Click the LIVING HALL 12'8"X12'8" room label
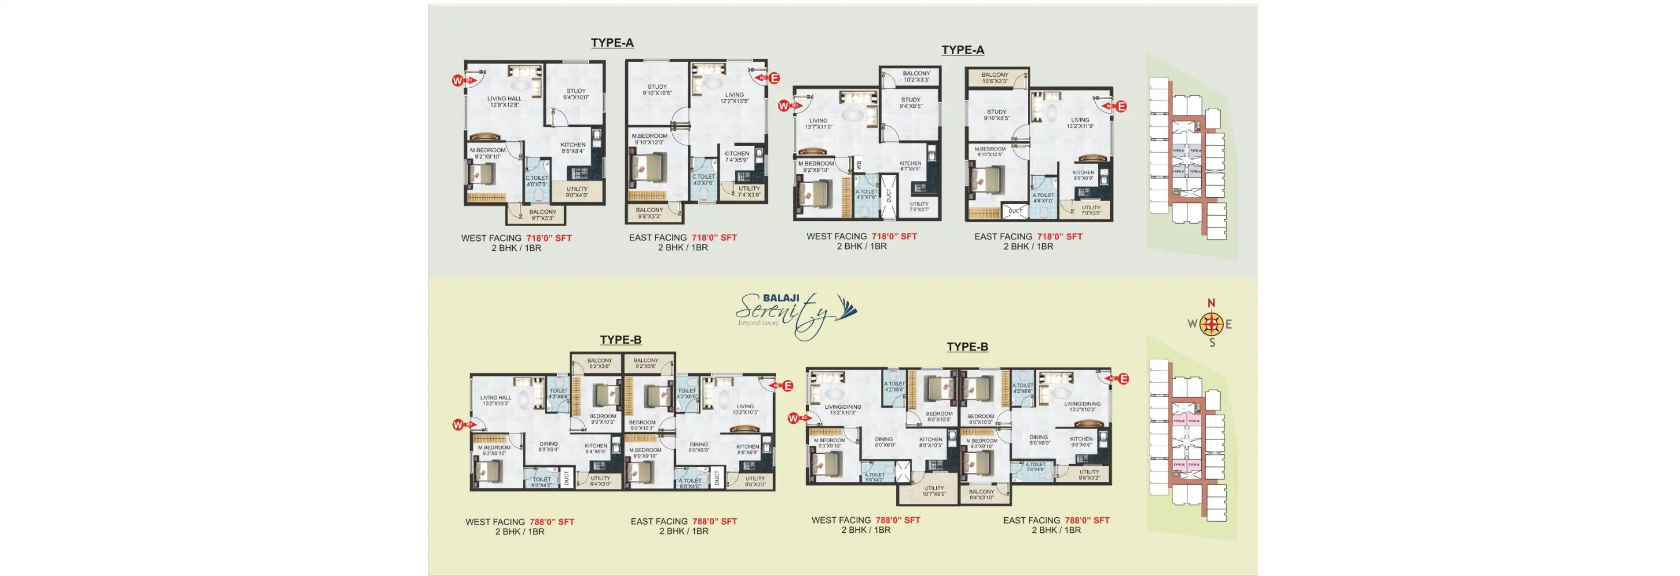(x=504, y=101)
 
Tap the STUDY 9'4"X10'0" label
(x=576, y=95)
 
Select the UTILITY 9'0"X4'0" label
(x=577, y=192)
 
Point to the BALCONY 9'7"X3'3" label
(x=543, y=214)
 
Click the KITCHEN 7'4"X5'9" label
(x=736, y=157)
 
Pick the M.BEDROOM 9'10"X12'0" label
(x=649, y=139)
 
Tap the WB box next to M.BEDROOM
(x=859, y=165)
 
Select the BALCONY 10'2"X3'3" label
(x=916, y=76)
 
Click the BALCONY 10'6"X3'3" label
(x=994, y=78)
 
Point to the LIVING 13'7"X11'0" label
(x=819, y=124)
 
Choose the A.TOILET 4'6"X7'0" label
(x=1043, y=198)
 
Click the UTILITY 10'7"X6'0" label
(x=934, y=491)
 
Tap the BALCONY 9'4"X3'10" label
(x=982, y=495)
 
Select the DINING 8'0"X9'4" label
(x=548, y=446)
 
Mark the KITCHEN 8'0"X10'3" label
(x=930, y=442)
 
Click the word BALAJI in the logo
(x=781, y=298)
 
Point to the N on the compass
(x=1211, y=303)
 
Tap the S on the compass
(x=1212, y=342)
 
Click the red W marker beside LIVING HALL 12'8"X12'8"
(x=457, y=81)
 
